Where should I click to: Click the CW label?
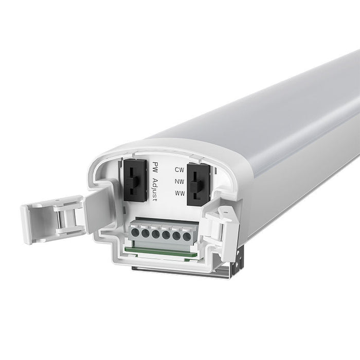(179, 169)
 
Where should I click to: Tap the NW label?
(179, 182)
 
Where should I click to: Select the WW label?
(179, 194)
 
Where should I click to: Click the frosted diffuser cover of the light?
(267, 113)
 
